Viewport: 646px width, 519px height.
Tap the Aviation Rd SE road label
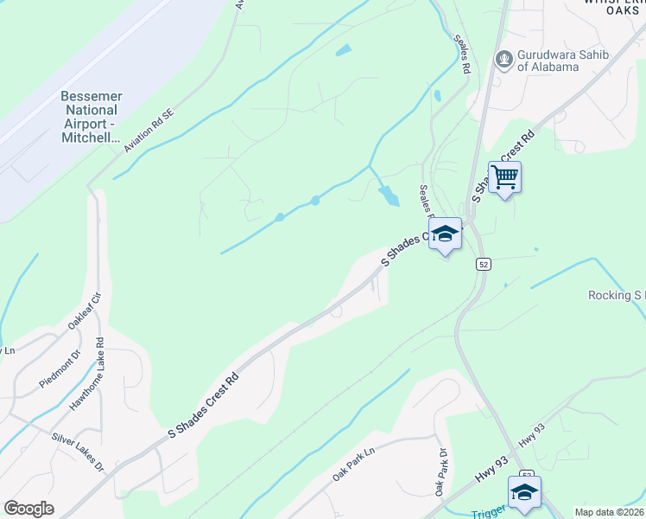click(x=149, y=131)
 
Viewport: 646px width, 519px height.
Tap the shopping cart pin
click(x=505, y=177)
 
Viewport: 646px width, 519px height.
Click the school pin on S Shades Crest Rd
click(x=445, y=234)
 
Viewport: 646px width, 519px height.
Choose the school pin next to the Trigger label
click(x=524, y=492)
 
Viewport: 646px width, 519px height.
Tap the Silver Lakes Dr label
click(x=78, y=452)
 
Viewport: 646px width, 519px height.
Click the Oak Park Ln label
click(x=354, y=465)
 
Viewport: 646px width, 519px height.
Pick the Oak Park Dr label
click(x=441, y=471)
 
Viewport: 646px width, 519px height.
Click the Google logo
click(x=28, y=509)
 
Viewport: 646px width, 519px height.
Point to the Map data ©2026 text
click(x=609, y=511)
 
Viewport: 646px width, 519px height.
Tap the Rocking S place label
click(x=616, y=295)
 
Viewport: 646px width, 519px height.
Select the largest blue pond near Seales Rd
click(x=389, y=195)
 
